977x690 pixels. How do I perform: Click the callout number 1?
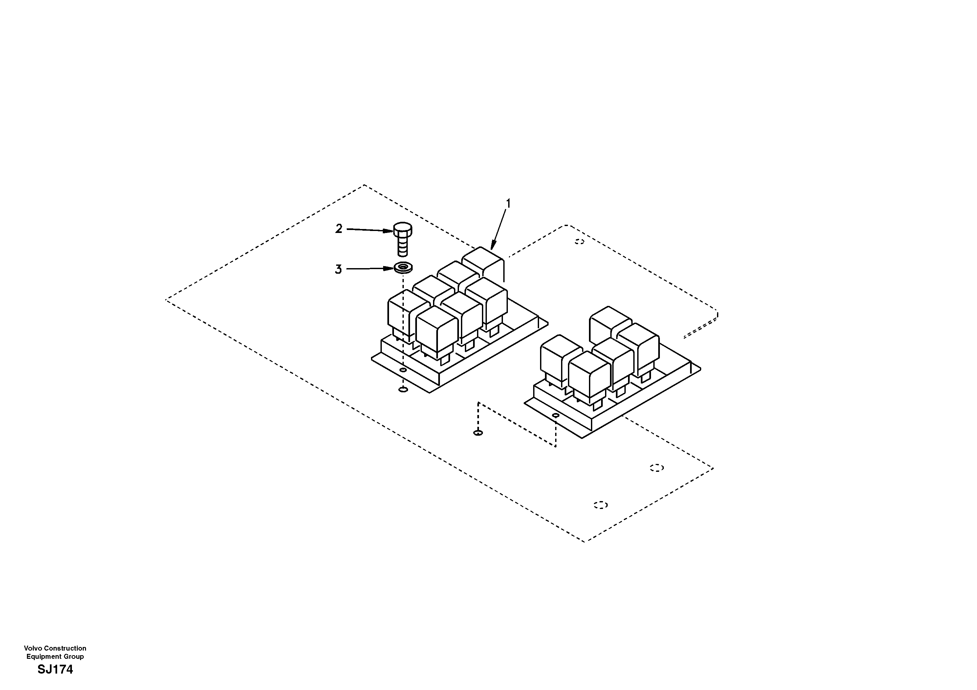click(507, 204)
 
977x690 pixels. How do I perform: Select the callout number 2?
click(339, 229)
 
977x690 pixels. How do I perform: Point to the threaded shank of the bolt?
click(402, 247)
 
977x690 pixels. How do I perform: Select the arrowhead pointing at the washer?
click(388, 268)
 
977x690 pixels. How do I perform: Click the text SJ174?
click(55, 670)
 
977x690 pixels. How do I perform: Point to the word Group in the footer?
click(75, 656)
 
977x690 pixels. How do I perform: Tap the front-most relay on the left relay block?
click(437, 332)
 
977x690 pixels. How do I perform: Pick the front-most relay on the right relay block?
click(589, 377)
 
